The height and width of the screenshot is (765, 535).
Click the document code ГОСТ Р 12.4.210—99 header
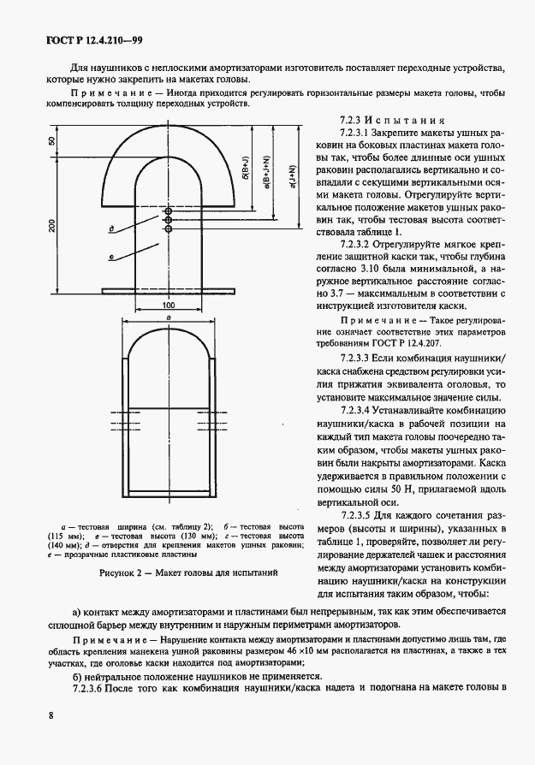pyautogui.click(x=81, y=40)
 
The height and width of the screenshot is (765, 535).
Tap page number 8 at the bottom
pyautogui.click(x=51, y=715)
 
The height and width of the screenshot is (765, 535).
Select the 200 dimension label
pyautogui.click(x=51, y=226)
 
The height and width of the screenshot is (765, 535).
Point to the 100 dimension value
pyautogui.click(x=169, y=305)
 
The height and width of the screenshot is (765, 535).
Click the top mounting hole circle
pyautogui.click(x=169, y=211)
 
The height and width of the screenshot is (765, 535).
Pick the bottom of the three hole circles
pyautogui.click(x=169, y=229)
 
